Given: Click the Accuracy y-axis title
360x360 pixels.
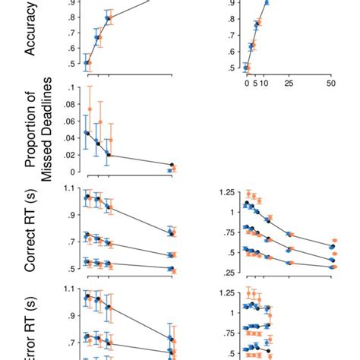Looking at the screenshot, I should tap(33, 36).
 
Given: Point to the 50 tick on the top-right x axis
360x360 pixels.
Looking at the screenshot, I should tap(330, 84).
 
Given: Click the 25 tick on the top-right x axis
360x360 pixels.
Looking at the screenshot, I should tap(289, 84).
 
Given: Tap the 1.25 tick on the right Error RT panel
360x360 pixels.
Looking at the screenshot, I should tap(226, 293).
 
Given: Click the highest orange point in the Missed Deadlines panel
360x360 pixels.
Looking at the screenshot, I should tap(90, 109).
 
